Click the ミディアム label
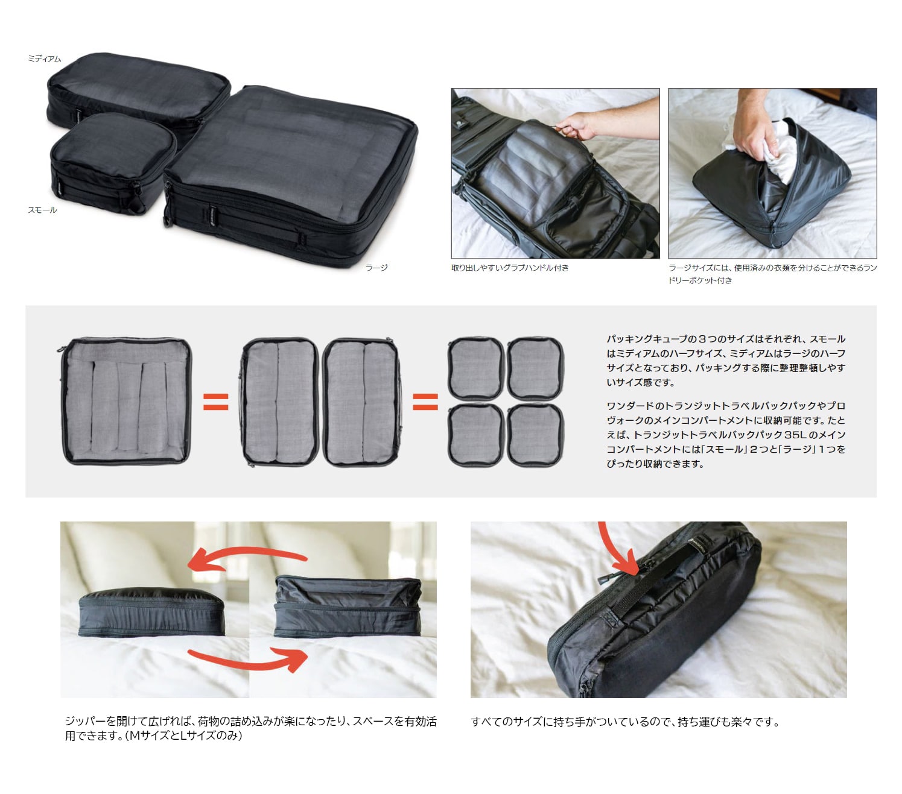(x=44, y=58)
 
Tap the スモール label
(x=42, y=210)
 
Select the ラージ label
(x=376, y=267)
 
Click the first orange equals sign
(x=216, y=402)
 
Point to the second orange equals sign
(x=425, y=402)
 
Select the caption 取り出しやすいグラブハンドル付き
(x=510, y=268)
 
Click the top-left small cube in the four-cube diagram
(x=475, y=368)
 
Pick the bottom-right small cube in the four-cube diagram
(x=535, y=435)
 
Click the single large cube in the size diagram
(x=126, y=402)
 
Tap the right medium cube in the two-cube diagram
(x=361, y=402)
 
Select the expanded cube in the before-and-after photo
(x=348, y=606)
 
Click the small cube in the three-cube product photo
(x=112, y=164)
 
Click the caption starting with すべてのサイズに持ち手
(x=625, y=722)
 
